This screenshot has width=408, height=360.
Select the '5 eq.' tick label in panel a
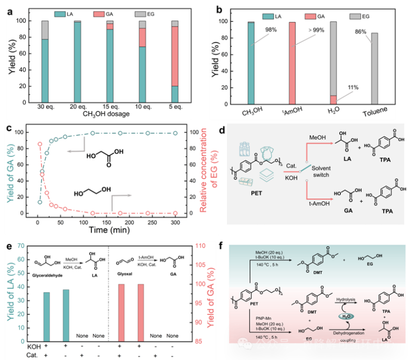coord(174,108)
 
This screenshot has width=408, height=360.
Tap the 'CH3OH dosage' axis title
coord(108,115)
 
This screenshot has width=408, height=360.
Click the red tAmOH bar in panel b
coord(292,63)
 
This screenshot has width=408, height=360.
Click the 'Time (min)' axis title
coord(107,230)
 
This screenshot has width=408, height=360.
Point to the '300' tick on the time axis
coord(175,221)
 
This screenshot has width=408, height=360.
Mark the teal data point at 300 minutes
coord(175,133)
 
